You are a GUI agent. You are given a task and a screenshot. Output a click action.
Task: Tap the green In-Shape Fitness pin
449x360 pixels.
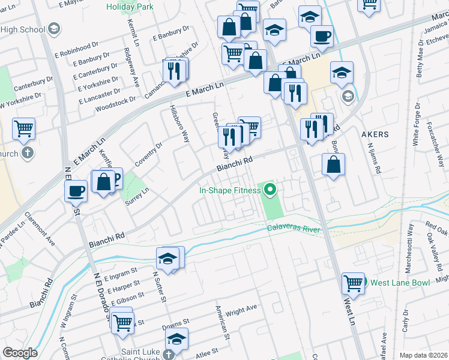pos(270,191)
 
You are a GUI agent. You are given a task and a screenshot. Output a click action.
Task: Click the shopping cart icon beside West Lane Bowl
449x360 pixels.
pos(354,283)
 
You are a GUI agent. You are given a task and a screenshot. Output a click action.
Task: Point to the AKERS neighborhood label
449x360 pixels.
pos(375,134)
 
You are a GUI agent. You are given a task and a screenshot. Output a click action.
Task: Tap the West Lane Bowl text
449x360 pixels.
pos(399,283)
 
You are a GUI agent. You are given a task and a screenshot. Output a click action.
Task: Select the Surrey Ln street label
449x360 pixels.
pos(137,199)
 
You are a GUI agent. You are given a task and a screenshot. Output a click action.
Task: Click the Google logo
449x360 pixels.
pos(19,353)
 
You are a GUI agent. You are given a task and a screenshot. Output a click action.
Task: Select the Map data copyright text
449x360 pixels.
pos(423,355)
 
